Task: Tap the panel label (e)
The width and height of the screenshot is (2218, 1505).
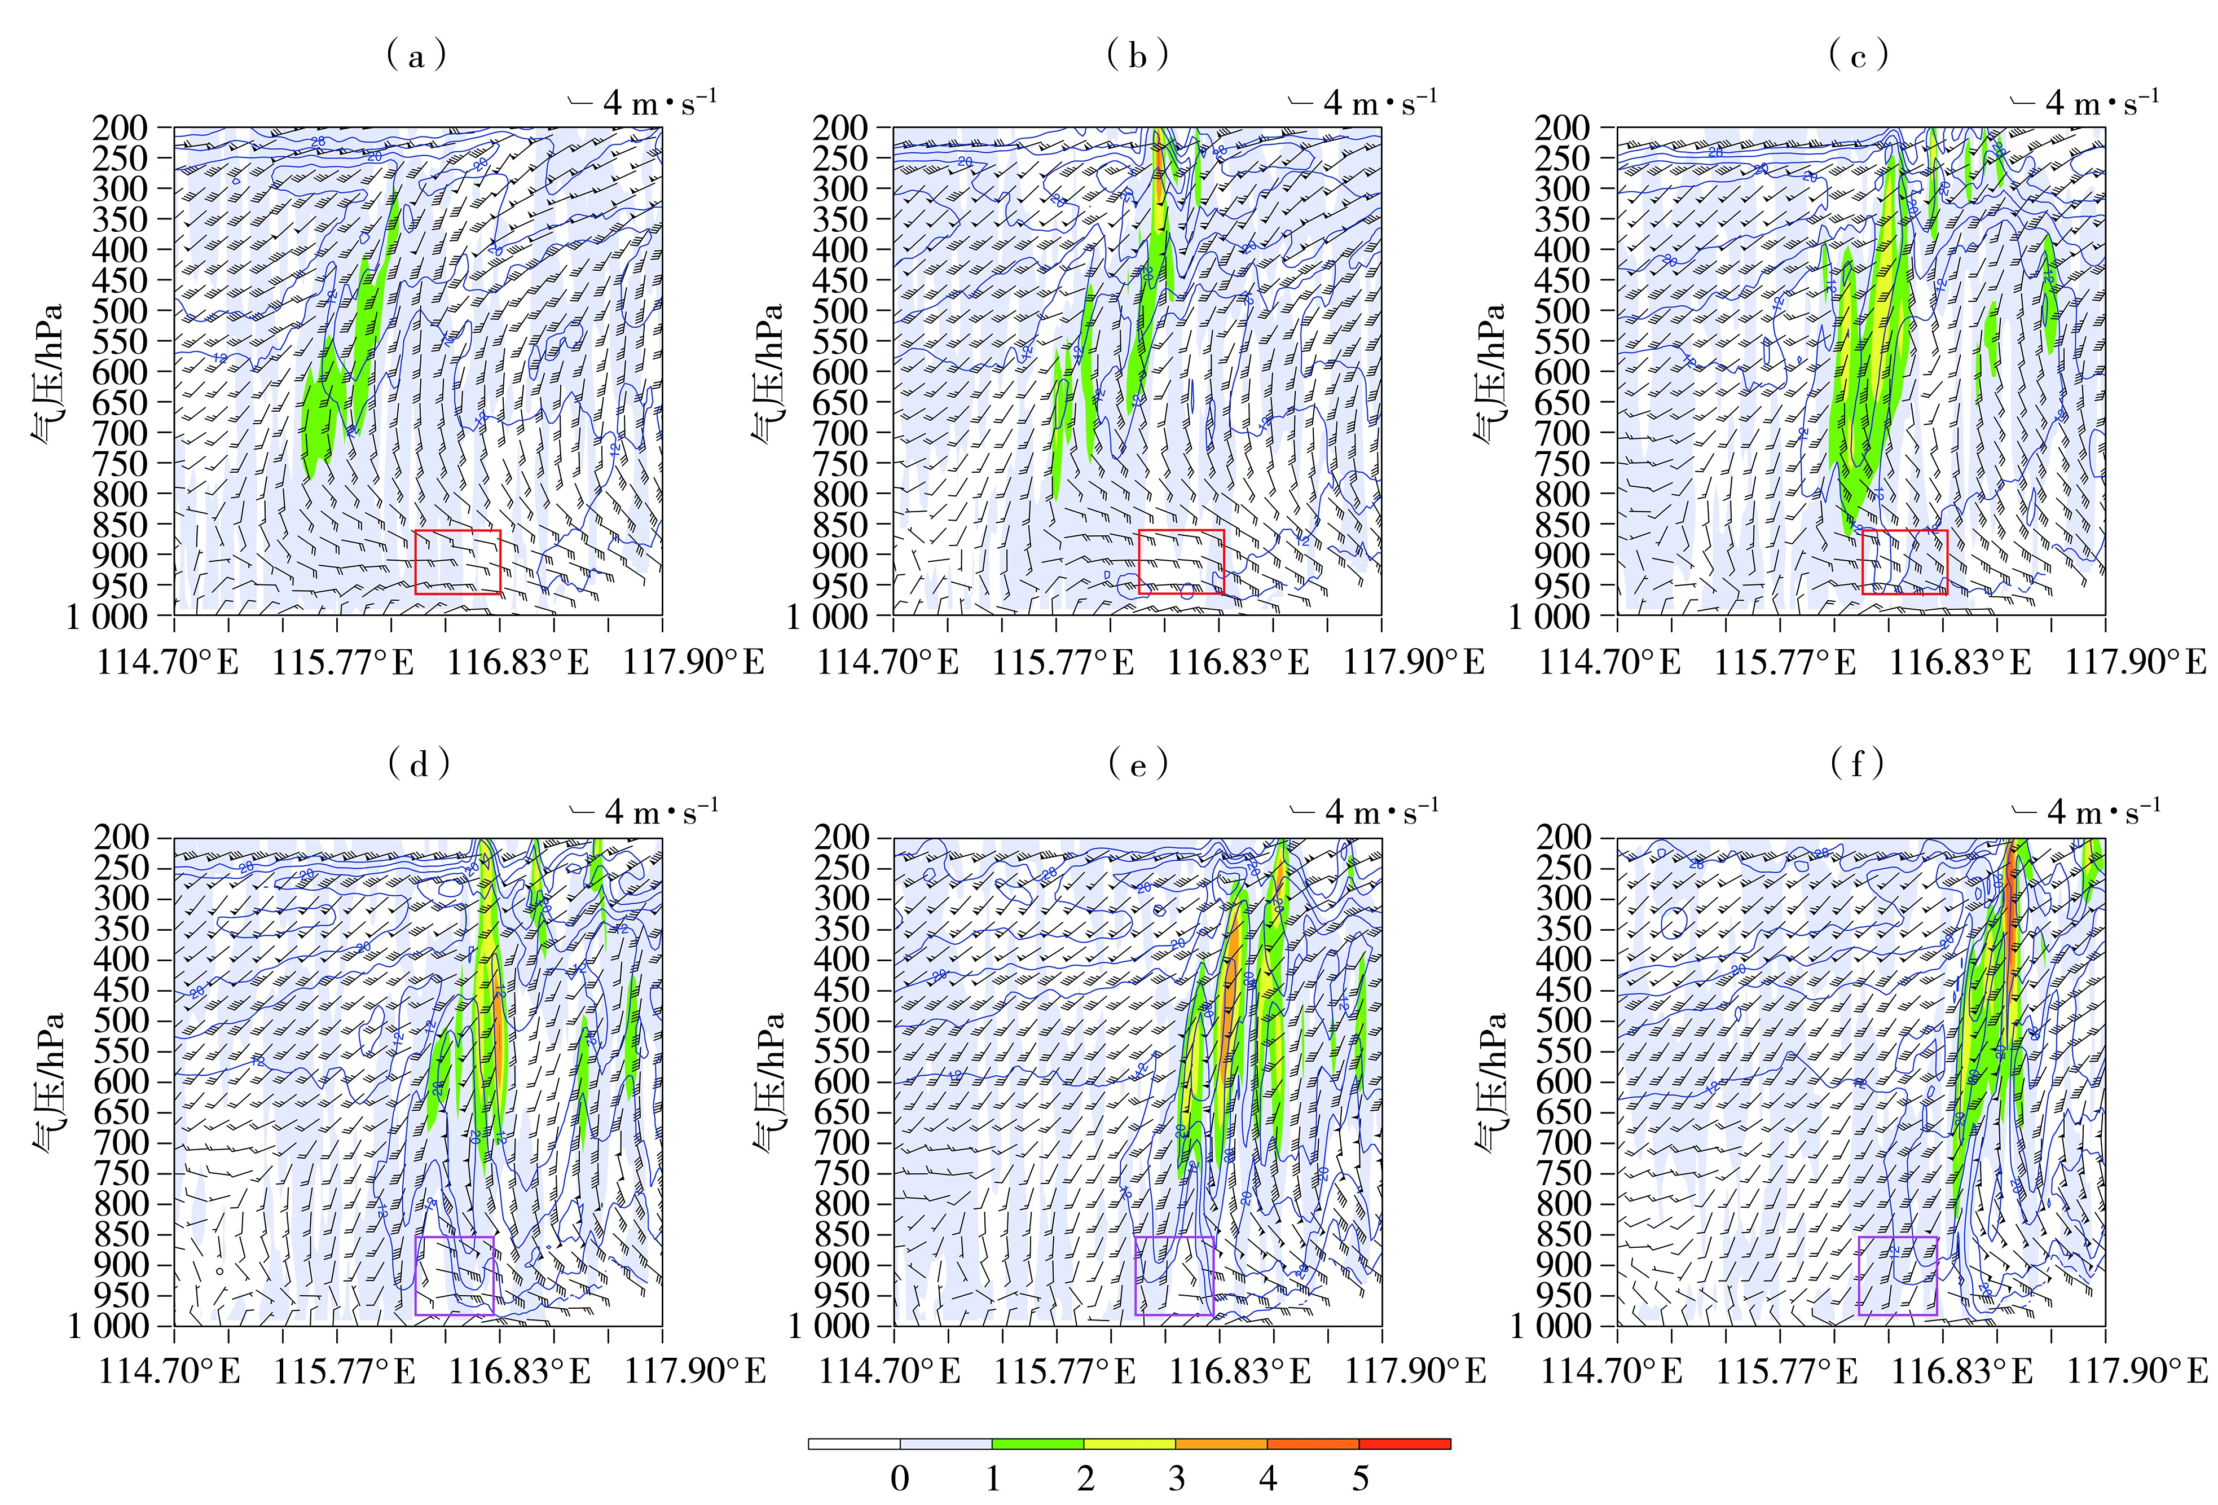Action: pyautogui.click(x=1138, y=763)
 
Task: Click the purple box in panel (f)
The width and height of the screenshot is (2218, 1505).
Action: pyautogui.click(x=1898, y=1275)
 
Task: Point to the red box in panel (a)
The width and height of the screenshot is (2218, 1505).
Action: pyautogui.click(x=458, y=561)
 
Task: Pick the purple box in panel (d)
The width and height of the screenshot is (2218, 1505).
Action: pyautogui.click(x=454, y=1275)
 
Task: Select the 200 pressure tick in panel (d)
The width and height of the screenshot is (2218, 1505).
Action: pyautogui.click(x=120, y=837)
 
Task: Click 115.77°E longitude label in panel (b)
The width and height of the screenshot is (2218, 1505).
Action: pyautogui.click(x=1063, y=661)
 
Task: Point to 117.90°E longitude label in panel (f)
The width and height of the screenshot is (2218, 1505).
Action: pyautogui.click(x=2136, y=1371)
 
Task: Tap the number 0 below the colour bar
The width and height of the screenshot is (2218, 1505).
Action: pyautogui.click(x=900, y=1478)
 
